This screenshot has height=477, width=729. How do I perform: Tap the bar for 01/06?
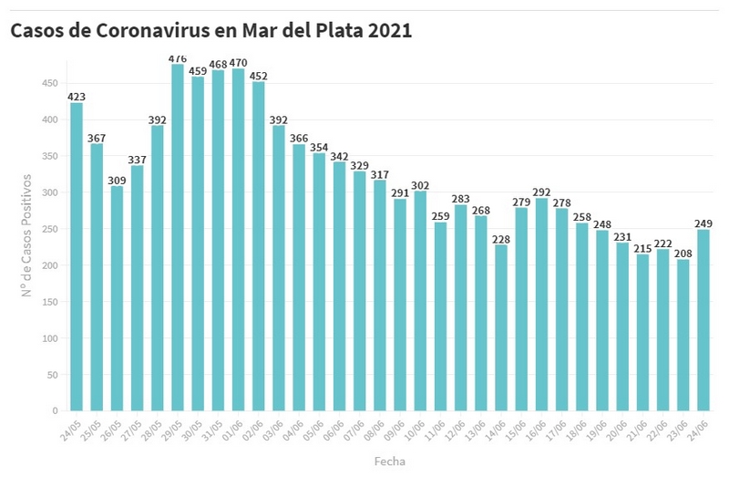click(239, 239)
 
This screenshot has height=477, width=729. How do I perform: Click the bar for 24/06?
click(703, 319)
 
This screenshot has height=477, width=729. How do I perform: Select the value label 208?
click(683, 252)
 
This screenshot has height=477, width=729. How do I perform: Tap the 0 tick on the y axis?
click(56, 411)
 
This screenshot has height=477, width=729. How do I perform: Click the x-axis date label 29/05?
click(173, 429)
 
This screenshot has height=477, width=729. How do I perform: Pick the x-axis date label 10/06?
click(416, 429)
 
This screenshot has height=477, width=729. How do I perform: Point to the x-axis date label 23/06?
click(678, 429)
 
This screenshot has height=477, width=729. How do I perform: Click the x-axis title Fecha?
click(389, 461)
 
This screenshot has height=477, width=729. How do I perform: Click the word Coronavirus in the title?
click(147, 30)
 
